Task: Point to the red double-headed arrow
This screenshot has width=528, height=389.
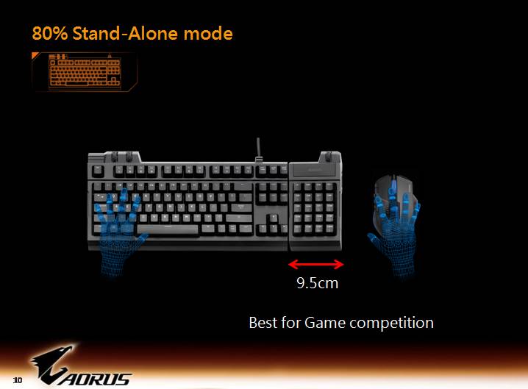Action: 316,263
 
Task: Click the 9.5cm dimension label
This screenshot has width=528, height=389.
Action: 317,282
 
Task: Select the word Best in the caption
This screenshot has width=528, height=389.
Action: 263,323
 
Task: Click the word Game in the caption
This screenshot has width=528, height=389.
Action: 324,323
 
